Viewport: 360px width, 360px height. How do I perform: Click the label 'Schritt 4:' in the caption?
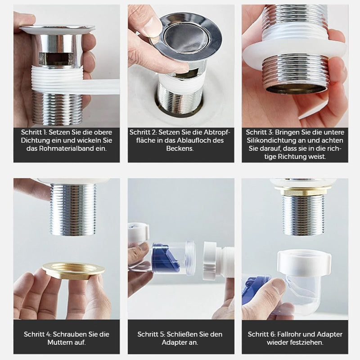pyautogui.click(x=38, y=334)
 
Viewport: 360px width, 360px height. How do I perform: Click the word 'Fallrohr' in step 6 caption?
pyautogui.click(x=292, y=334)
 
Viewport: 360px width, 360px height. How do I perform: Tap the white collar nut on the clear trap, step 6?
pyautogui.click(x=304, y=263)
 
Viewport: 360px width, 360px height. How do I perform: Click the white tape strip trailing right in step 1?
pyautogui.click(x=103, y=87)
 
